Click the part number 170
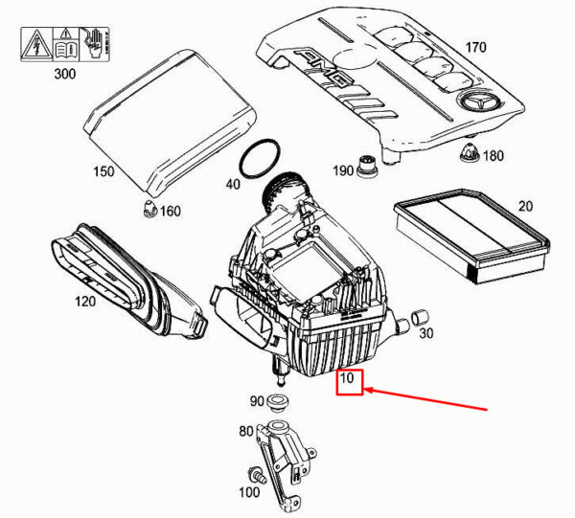(x=475, y=47)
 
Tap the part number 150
(x=103, y=171)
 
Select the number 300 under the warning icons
(x=65, y=74)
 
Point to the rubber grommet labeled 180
(x=470, y=152)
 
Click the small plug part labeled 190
(x=367, y=168)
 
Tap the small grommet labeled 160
(x=150, y=209)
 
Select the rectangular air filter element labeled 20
(x=471, y=236)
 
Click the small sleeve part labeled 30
(x=421, y=317)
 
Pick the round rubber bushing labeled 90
(x=278, y=402)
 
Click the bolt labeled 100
(x=257, y=475)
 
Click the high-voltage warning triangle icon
(x=36, y=45)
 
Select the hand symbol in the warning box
(x=94, y=43)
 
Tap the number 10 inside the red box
(x=347, y=377)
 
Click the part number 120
(x=85, y=302)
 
